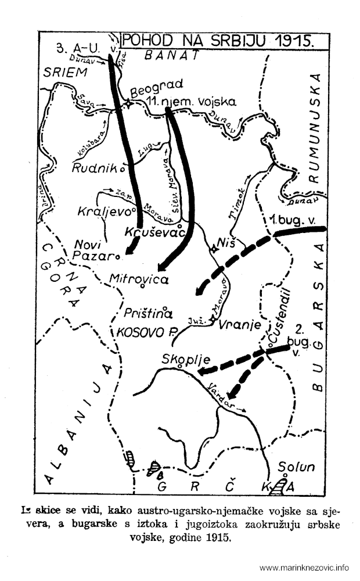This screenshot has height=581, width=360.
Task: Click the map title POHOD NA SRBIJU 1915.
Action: pyautogui.click(x=216, y=41)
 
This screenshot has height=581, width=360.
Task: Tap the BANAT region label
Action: pyautogui.click(x=172, y=55)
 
